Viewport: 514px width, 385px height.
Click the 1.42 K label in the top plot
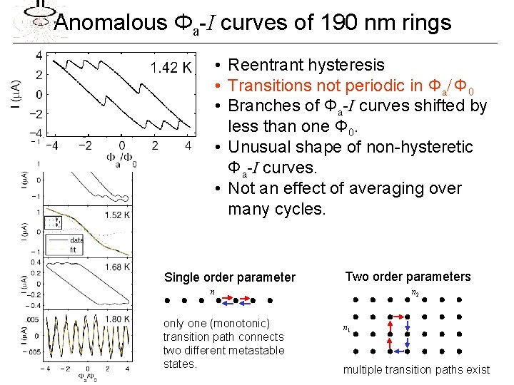171,67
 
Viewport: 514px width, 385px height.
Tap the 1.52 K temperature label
116,215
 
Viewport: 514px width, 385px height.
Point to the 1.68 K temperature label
116,267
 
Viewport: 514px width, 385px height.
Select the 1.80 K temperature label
116,319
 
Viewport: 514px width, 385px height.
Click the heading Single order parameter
229,277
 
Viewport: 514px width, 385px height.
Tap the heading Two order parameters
408,277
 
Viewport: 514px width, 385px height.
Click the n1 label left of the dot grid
346,329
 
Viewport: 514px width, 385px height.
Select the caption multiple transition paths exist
416,369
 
